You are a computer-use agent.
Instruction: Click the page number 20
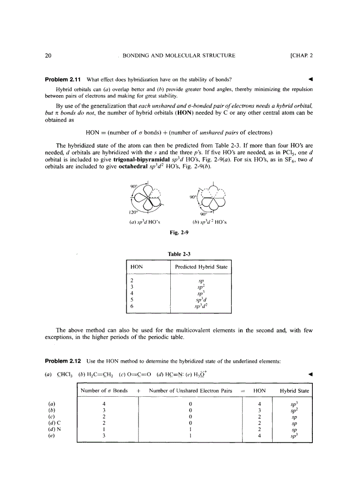point(49,56)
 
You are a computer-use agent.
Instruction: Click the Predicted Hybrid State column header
point(201,267)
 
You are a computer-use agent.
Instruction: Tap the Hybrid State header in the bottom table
point(294,391)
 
